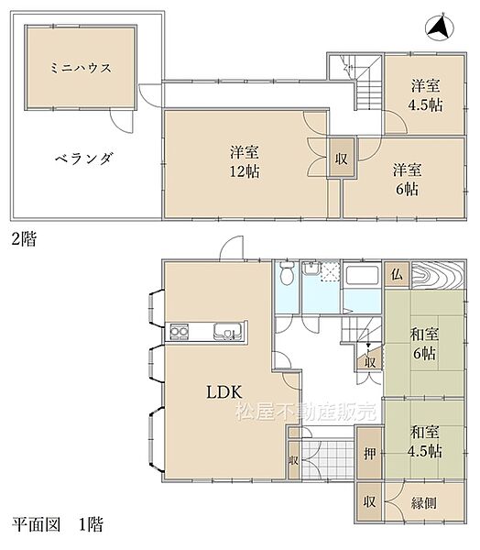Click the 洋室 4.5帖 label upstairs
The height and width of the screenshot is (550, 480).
click(424, 94)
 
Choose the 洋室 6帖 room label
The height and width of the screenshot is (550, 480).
click(407, 178)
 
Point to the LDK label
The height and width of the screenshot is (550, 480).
click(223, 391)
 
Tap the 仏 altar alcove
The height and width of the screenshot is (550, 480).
click(398, 273)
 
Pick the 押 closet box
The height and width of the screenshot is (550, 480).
click(368, 454)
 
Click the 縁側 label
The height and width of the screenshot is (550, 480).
click(424, 501)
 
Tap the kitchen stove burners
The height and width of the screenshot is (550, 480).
click(180, 330)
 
